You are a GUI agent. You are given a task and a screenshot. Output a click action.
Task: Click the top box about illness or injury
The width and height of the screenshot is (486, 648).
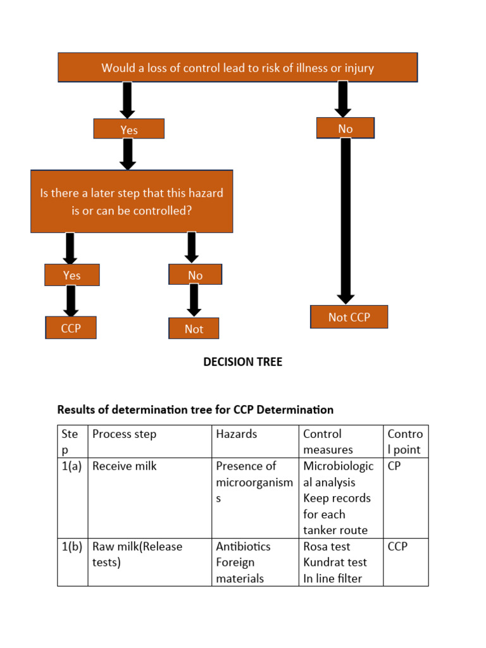(237, 68)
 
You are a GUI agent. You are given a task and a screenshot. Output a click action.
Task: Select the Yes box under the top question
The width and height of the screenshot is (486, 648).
(128, 130)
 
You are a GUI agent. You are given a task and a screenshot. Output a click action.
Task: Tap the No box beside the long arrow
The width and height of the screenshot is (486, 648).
(346, 128)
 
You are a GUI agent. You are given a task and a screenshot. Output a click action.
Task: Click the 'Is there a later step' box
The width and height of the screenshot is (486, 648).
(132, 201)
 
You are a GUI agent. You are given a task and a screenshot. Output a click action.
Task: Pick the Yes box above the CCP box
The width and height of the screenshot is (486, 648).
(72, 275)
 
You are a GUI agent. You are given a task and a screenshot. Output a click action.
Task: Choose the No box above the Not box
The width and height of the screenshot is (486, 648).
(195, 275)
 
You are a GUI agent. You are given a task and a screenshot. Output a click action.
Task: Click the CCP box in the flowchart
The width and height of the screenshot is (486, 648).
(71, 328)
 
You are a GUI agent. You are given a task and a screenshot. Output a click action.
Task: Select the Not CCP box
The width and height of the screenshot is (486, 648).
(349, 317)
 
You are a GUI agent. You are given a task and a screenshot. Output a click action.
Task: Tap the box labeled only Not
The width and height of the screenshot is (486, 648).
(194, 329)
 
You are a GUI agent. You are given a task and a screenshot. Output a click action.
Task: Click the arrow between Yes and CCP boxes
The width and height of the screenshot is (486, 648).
(72, 301)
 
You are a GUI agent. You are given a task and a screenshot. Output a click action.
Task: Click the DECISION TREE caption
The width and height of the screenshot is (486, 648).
(242, 362)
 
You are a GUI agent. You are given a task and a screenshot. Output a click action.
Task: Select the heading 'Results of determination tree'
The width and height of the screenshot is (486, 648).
(195, 409)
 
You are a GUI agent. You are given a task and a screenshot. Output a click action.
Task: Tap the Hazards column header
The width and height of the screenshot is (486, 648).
(236, 434)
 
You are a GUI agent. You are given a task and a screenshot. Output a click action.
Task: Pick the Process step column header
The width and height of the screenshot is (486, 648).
(124, 434)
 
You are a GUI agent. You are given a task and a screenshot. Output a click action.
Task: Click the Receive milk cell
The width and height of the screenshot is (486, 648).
(124, 466)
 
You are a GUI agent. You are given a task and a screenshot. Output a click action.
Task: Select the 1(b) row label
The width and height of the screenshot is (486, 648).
(72, 546)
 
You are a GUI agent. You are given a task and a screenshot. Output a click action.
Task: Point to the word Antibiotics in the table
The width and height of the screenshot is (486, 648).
(243, 546)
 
